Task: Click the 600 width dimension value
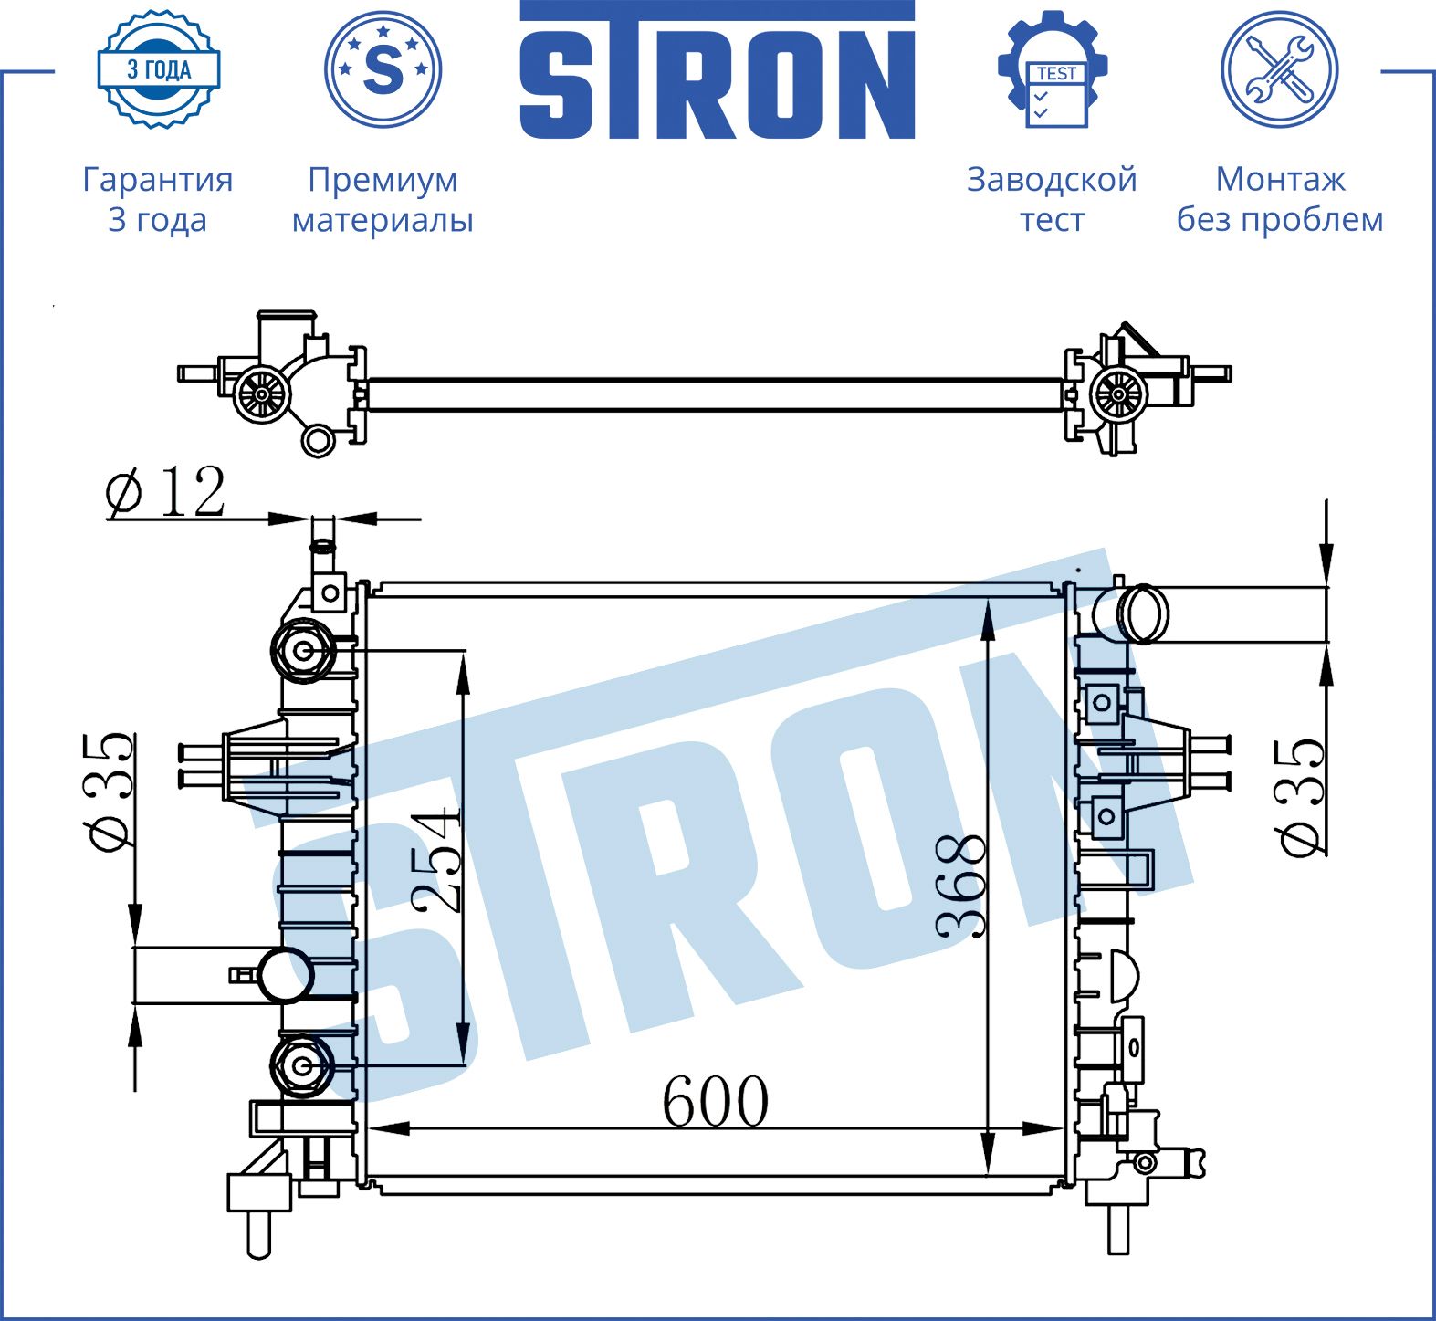(x=715, y=1101)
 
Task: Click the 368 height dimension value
(x=962, y=886)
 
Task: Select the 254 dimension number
(x=435, y=860)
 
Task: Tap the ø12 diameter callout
(x=165, y=492)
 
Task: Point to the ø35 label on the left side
(x=111, y=791)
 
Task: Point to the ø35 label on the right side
(x=1301, y=798)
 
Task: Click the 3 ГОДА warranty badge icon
(x=159, y=69)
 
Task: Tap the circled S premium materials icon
(x=383, y=69)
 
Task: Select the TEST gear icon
(x=1053, y=69)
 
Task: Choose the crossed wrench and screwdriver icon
(x=1279, y=69)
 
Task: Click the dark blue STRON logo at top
(x=718, y=71)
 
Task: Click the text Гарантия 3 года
(x=158, y=199)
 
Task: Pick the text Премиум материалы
(x=383, y=199)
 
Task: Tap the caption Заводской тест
(x=1052, y=199)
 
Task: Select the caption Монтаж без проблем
(x=1279, y=199)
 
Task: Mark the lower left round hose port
(x=285, y=976)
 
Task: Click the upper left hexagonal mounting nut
(x=303, y=651)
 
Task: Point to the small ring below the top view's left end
(x=318, y=441)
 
